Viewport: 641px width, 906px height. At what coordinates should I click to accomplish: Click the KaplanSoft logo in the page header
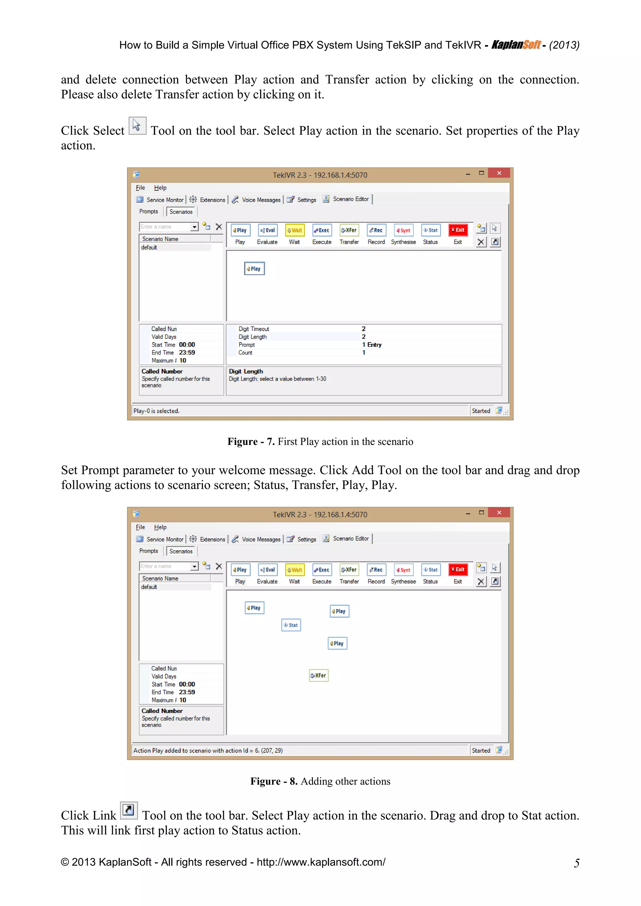516,45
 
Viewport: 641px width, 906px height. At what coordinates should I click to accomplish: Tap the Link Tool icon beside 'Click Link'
128,810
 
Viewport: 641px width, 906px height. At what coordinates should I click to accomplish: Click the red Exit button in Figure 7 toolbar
458,230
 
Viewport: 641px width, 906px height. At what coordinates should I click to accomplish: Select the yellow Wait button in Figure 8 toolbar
295,569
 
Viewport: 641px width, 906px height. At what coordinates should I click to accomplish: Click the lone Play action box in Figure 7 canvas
254,269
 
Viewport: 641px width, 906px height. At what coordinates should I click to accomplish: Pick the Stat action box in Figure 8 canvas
291,625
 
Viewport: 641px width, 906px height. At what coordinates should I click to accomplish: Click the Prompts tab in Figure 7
148,211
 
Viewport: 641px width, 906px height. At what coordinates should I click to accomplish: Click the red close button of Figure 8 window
499,512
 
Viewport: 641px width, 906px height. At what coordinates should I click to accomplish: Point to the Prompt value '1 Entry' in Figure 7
372,345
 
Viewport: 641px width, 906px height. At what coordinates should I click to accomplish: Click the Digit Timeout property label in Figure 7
254,329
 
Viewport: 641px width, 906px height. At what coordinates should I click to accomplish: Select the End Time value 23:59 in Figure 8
187,692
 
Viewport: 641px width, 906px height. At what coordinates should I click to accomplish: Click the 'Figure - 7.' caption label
251,441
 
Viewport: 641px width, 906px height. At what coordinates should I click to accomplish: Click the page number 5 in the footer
576,863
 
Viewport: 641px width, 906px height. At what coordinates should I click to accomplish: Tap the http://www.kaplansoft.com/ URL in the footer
321,862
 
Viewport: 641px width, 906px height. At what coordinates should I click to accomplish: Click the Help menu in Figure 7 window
160,188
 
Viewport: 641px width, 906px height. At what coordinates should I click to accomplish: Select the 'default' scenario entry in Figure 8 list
149,587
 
